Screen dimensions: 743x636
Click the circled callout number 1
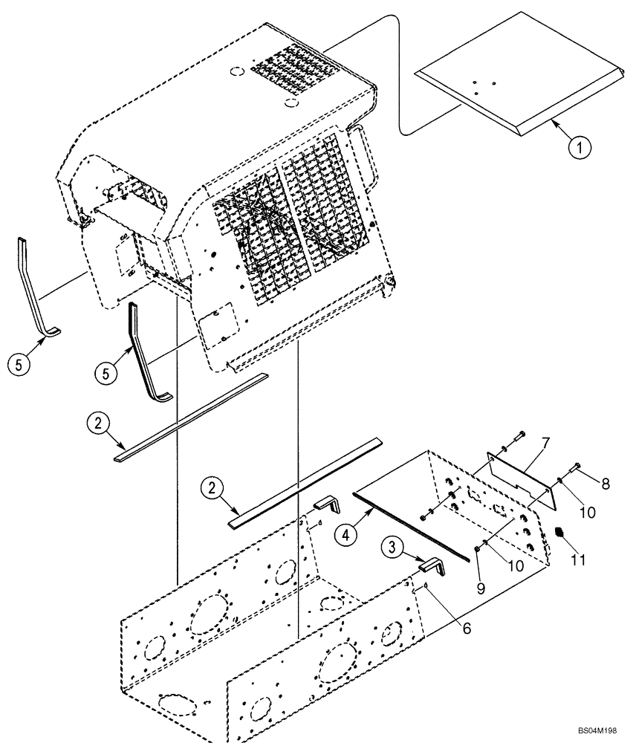pos(582,147)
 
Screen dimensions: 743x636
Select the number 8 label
pos(605,484)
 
